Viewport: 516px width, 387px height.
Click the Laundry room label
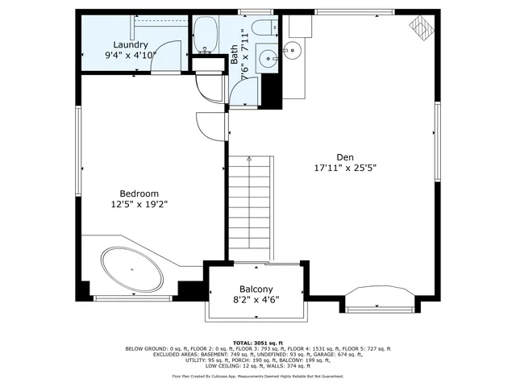(x=130, y=44)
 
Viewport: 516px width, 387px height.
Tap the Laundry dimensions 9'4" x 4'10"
(x=130, y=56)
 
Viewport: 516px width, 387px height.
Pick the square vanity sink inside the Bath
(x=267, y=57)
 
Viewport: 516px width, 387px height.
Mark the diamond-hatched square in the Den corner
(x=420, y=27)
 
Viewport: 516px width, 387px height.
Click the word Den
(x=345, y=157)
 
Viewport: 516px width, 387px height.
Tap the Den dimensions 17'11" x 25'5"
(x=345, y=169)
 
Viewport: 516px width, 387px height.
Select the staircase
(x=252, y=209)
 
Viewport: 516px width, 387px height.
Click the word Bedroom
(x=139, y=193)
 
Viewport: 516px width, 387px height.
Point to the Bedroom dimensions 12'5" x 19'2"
(x=139, y=205)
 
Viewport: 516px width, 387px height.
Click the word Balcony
(x=256, y=289)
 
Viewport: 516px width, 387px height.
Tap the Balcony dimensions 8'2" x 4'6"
(x=256, y=301)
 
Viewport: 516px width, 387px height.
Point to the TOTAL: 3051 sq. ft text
(x=257, y=343)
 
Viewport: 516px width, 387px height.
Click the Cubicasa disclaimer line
(x=257, y=376)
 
